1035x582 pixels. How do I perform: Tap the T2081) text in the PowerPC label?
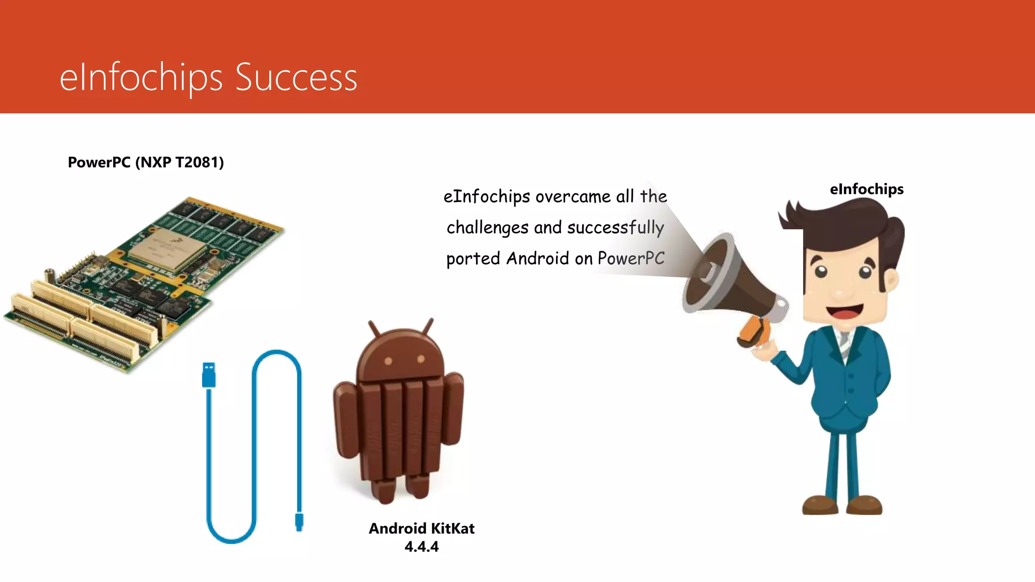click(x=199, y=162)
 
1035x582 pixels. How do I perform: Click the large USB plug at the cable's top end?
click(x=209, y=375)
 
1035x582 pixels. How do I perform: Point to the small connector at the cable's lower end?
click(x=299, y=522)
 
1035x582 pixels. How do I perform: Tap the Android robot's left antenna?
click(x=374, y=328)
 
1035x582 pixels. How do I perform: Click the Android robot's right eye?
click(x=420, y=360)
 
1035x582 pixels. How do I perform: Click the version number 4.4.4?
click(x=421, y=547)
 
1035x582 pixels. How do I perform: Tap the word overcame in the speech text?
click(x=573, y=196)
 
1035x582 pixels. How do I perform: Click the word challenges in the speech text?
click(x=487, y=227)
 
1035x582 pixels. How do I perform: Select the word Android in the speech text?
click(x=538, y=258)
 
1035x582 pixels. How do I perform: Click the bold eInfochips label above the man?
click(x=866, y=189)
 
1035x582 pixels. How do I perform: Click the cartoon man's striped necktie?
click(x=844, y=343)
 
